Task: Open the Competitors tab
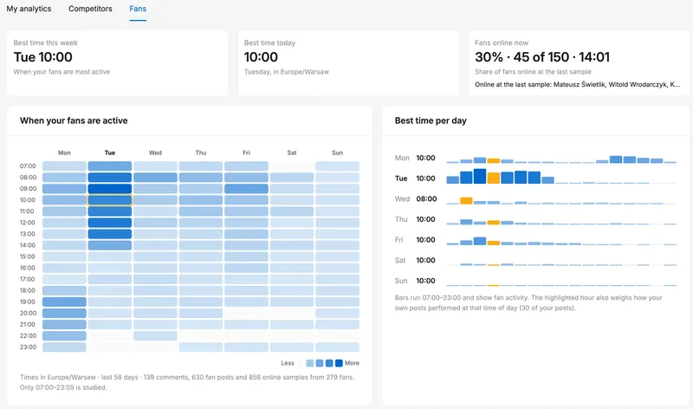[x=90, y=9]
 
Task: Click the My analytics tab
[x=29, y=9]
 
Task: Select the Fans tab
[x=138, y=9]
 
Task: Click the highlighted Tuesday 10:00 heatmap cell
[x=110, y=200]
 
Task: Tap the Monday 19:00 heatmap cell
[x=64, y=302]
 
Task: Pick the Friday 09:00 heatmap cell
[x=246, y=189]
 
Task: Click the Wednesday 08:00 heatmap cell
[x=155, y=178]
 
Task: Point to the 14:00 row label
[x=28, y=245]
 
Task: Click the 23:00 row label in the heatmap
[x=28, y=347]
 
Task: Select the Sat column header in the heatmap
[x=292, y=153]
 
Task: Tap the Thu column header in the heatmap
[x=201, y=153]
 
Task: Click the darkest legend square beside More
[x=339, y=363]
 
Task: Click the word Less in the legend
[x=288, y=363]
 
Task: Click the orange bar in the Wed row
[x=466, y=200]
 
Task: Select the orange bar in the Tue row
[x=493, y=178]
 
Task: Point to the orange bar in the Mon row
[x=493, y=160]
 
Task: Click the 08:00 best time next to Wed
[x=426, y=199]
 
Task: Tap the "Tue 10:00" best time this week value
[x=42, y=57]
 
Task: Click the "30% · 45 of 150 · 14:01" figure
[x=542, y=57]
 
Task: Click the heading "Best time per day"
[x=431, y=120]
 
